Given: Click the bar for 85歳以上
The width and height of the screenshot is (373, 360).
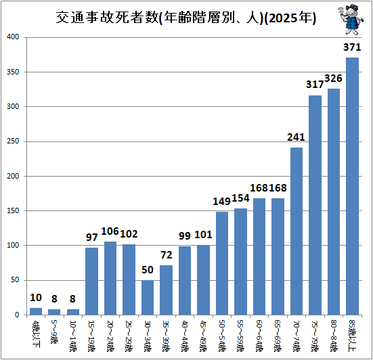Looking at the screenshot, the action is (x=352, y=186).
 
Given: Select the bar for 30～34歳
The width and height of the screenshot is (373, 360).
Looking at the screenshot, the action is (x=148, y=298).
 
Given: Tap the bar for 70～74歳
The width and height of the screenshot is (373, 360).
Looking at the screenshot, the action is (x=297, y=231).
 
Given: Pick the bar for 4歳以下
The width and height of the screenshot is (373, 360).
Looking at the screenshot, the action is (x=36, y=311).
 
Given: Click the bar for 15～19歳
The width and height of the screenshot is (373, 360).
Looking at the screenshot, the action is (x=91, y=282).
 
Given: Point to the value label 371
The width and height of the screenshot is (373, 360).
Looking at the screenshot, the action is (x=352, y=47).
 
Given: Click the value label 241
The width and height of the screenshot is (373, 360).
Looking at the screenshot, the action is (x=296, y=137).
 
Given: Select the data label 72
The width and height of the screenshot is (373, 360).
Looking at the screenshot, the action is (x=167, y=255).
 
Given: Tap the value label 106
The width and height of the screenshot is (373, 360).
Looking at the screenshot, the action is (x=110, y=231).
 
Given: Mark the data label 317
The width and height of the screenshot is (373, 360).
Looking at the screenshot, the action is (x=315, y=85).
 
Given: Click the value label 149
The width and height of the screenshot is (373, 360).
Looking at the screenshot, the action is (x=221, y=202).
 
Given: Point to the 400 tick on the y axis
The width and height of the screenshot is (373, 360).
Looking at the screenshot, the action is (x=13, y=37).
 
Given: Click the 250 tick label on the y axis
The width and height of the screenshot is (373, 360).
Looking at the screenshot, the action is (x=13, y=141).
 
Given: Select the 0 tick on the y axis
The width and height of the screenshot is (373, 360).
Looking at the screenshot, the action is (x=17, y=315).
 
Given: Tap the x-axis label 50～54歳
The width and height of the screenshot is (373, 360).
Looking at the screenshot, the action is (x=222, y=336).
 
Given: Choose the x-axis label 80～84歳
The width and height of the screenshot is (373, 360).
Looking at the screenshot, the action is (x=334, y=336).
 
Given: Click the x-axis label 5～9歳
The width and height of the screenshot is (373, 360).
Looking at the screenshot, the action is (x=54, y=332).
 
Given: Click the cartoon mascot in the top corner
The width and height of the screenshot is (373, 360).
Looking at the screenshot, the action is (x=351, y=20).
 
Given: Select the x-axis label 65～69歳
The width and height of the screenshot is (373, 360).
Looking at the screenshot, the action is (x=278, y=336).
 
